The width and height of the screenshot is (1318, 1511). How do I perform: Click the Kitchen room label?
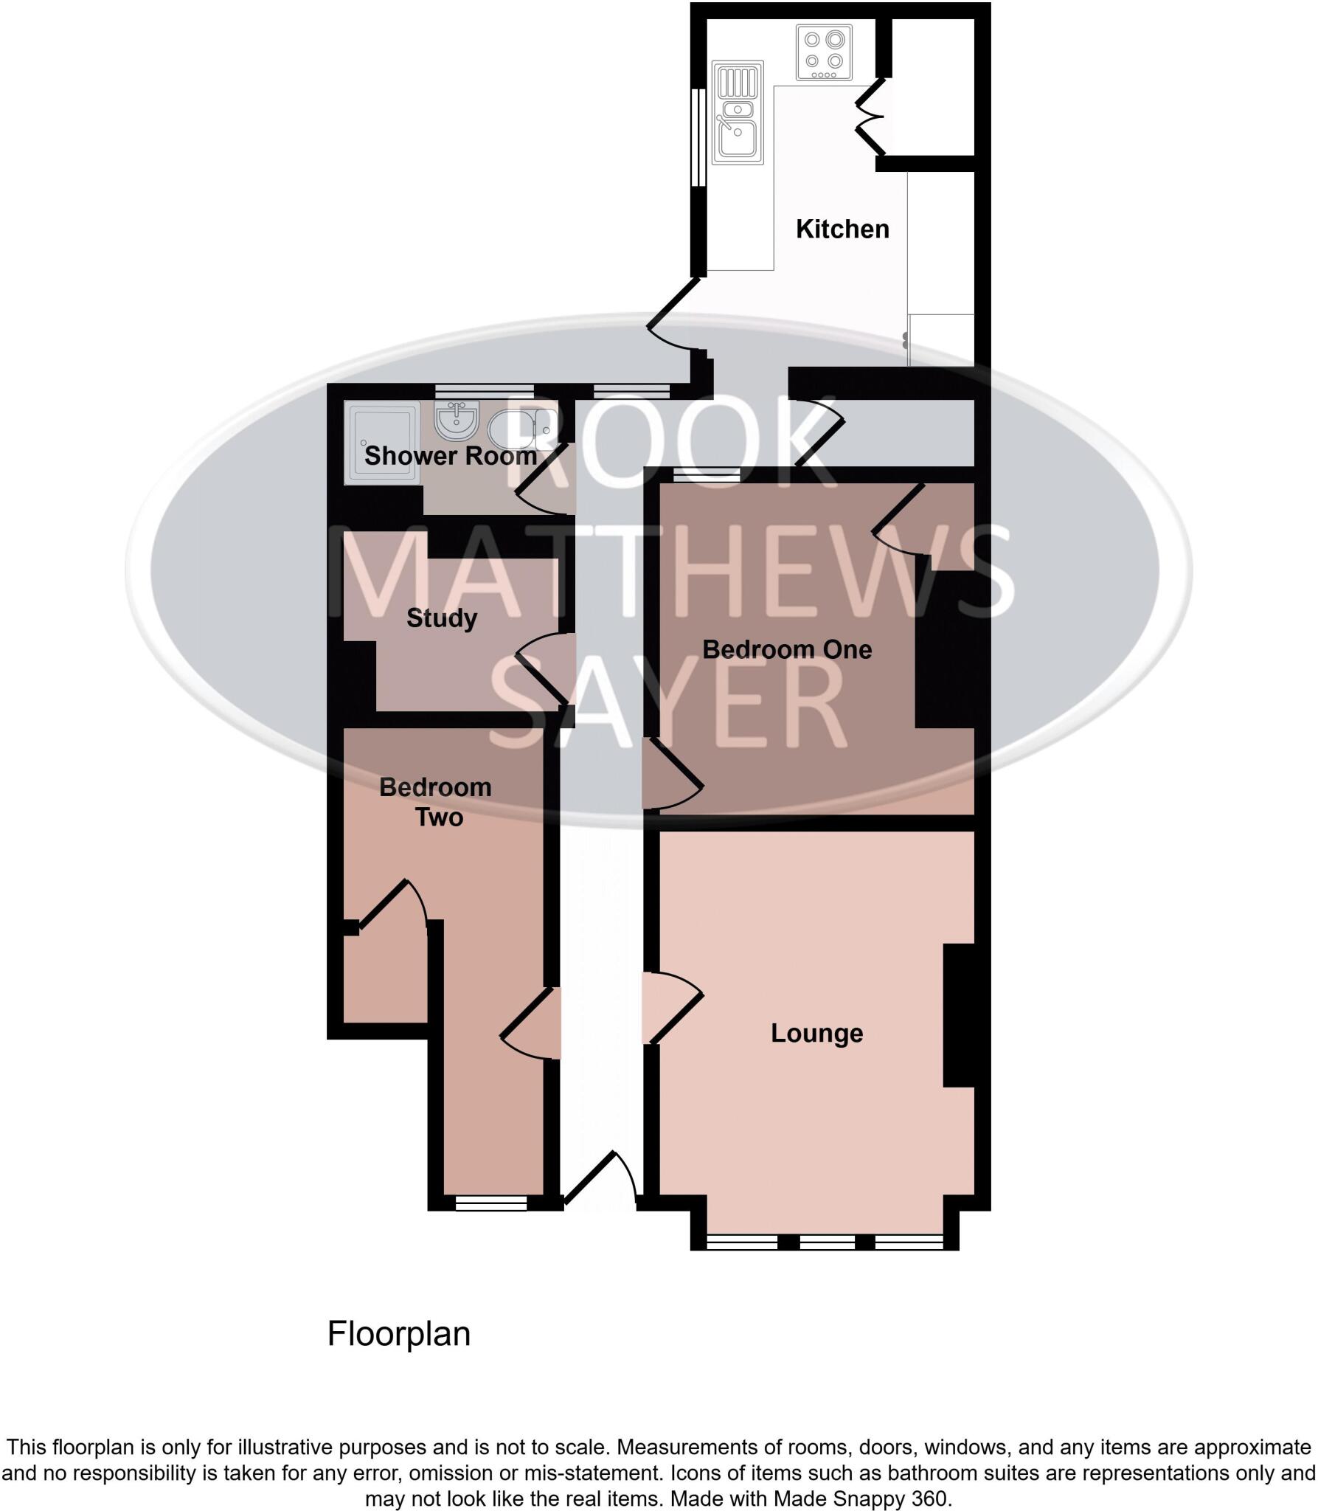(x=842, y=229)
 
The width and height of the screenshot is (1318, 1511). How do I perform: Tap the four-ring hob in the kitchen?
(x=825, y=52)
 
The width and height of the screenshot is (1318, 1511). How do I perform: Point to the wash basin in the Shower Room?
(x=458, y=421)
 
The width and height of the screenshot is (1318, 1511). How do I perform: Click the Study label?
(x=442, y=618)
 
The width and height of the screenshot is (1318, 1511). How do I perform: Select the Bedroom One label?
(x=787, y=650)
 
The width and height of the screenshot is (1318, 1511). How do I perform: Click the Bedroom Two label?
(x=436, y=802)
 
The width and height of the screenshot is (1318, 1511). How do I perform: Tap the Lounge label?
(x=816, y=1034)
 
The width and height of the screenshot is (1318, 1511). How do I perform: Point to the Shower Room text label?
(x=451, y=456)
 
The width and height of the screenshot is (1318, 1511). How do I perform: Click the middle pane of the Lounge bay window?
(x=827, y=1242)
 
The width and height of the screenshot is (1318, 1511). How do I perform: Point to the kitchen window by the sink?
(x=697, y=137)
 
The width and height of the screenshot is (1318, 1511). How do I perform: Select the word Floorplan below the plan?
(x=398, y=1334)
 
